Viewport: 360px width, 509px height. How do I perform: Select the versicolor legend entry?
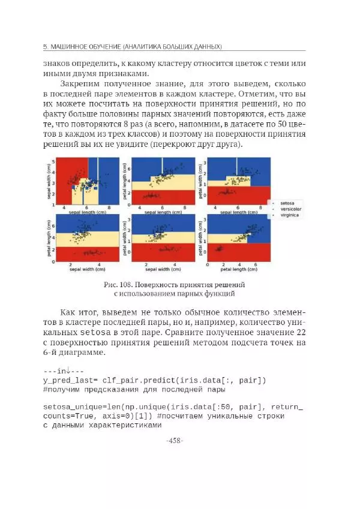pos(286,209)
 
